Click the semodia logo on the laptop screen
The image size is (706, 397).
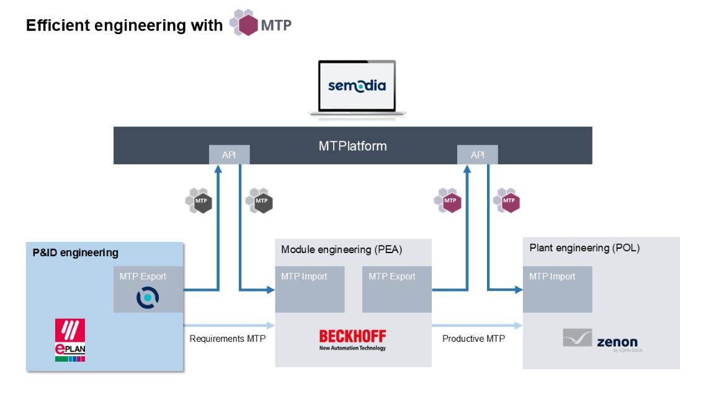[357, 85]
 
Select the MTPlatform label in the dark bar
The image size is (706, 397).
[352, 146]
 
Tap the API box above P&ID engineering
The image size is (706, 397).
[229, 155]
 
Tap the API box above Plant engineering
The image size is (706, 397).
[477, 155]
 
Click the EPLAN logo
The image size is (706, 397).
[70, 341]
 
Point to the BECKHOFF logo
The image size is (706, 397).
[352, 340]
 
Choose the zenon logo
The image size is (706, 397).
[600, 340]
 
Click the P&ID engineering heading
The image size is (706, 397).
[75, 253]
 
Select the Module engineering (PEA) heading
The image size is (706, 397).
[342, 249]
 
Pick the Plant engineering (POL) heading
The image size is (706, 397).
[584, 248]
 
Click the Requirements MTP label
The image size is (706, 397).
[228, 339]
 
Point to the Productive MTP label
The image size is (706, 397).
[473, 339]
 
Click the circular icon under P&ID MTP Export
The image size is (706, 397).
[148, 297]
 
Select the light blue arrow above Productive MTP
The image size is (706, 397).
[476, 325]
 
